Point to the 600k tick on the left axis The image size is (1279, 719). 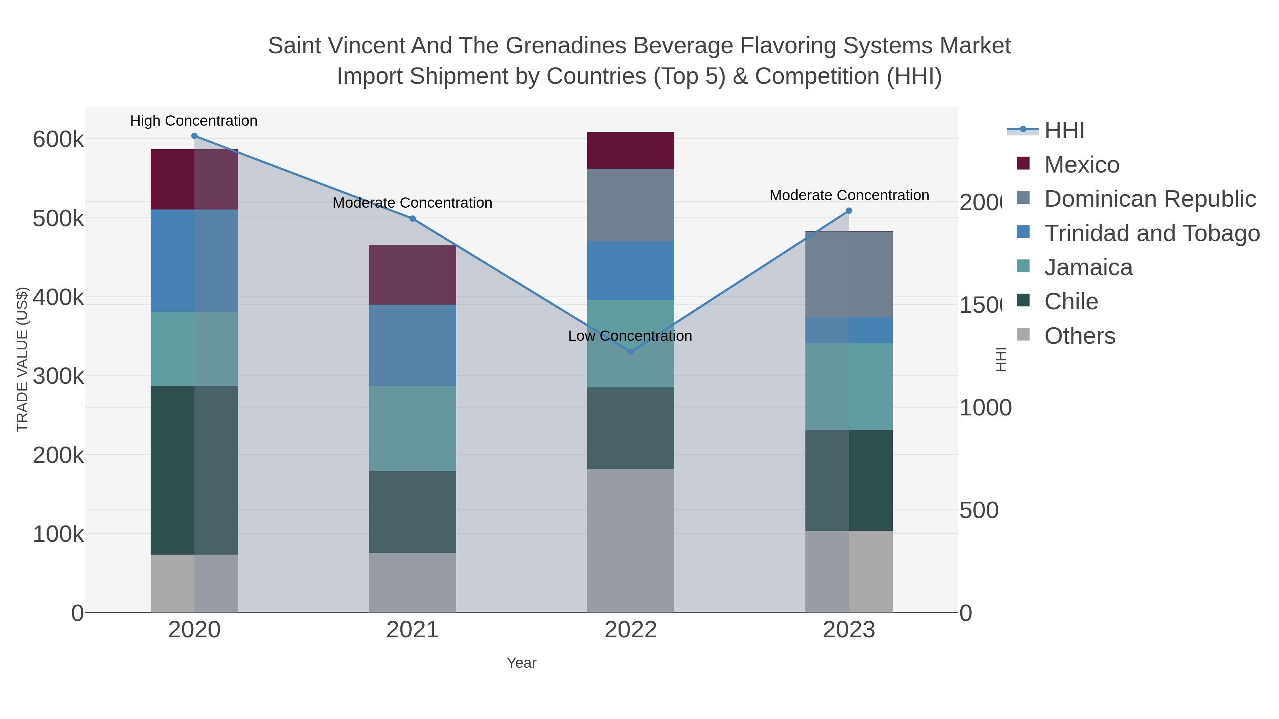58,140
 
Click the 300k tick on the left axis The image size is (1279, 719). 58,376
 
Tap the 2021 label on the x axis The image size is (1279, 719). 412,630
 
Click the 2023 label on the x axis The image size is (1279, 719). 848,630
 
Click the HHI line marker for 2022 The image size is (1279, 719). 631,352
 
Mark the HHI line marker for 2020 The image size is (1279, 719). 194,136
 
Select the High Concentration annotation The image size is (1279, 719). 194,121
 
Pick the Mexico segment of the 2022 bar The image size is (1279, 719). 631,150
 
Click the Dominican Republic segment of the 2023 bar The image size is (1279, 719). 848,274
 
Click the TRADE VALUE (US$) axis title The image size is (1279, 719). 22,359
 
